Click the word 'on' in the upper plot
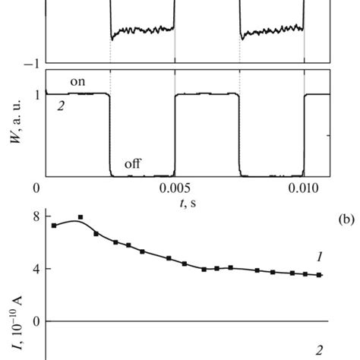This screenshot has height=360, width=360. pyautogui.click(x=77, y=81)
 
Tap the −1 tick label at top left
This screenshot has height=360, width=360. pyautogui.click(x=30, y=65)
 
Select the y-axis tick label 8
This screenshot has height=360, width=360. pyautogui.click(x=35, y=216)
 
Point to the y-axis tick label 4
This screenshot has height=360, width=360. pyautogui.click(x=35, y=269)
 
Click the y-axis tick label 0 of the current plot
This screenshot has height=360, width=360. pyautogui.click(x=35, y=321)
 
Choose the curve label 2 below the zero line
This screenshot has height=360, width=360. pyautogui.click(x=320, y=349)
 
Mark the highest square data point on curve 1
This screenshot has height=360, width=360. pyautogui.click(x=81, y=217)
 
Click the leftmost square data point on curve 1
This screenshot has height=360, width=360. pyautogui.click(x=54, y=226)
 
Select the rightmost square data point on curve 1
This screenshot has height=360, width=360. pyautogui.click(x=319, y=275)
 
